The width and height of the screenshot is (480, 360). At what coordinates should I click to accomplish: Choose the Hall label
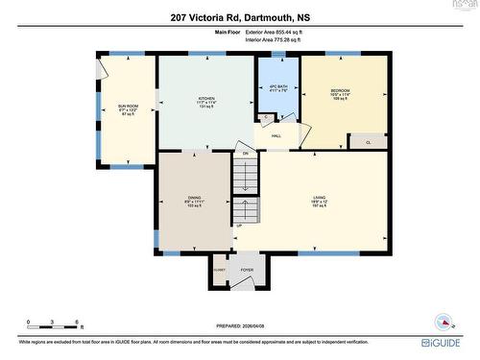pyautogui.click(x=276, y=136)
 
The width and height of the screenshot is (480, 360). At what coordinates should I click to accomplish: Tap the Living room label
pyautogui.click(x=318, y=200)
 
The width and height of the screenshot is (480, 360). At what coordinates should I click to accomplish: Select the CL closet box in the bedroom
pyautogui.click(x=370, y=142)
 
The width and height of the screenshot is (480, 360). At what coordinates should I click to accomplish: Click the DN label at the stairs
pyautogui.click(x=245, y=154)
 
